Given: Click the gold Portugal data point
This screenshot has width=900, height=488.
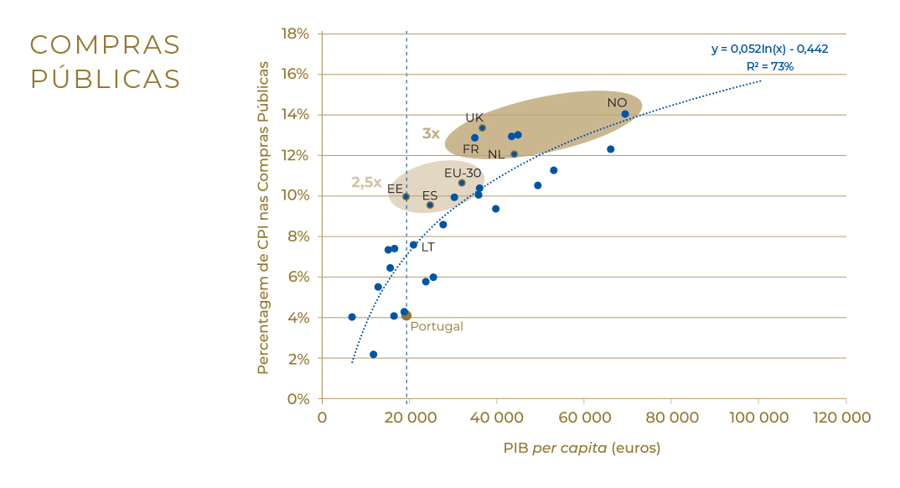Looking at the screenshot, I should coord(406,316).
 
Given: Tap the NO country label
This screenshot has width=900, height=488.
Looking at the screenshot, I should coord(617,103).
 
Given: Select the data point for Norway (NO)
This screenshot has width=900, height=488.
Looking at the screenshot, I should coord(625,114).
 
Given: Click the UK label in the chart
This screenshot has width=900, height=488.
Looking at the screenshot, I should coord(474,117).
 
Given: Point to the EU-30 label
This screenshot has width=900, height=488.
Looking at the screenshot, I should coord(463,174).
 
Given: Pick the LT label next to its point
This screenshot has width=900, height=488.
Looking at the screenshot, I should coord(427,247).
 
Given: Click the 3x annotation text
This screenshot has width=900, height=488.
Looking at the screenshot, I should coord(431,133).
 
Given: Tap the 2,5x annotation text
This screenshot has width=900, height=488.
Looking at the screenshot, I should coord(366,183).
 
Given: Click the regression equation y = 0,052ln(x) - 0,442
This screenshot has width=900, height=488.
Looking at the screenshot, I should coord(769,49).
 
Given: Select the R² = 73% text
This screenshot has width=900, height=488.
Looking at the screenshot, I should coord(769,66).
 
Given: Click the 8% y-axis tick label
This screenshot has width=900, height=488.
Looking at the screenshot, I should coord(299,236).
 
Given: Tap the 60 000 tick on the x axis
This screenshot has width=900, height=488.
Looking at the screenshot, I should coord(584,418).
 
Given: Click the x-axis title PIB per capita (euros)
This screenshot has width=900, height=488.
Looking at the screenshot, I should coord(582,448).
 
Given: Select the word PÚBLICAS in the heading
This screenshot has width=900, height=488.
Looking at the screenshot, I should coord(106,79).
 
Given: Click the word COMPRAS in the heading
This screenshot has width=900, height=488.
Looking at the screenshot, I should coord(106,44).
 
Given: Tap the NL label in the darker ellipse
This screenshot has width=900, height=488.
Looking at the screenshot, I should coord(496,155).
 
